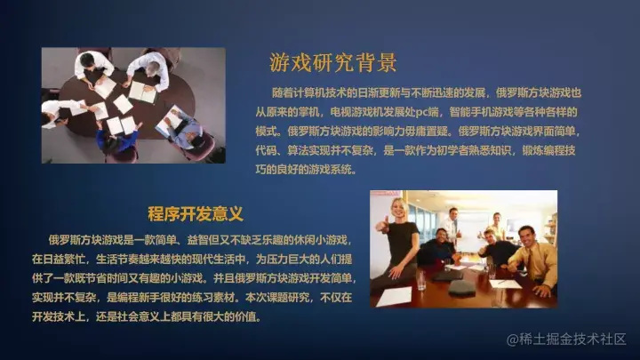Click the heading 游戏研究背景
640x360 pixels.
332,63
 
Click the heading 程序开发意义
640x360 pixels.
196,215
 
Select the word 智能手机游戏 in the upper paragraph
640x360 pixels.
489,110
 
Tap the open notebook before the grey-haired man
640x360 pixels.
141,91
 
